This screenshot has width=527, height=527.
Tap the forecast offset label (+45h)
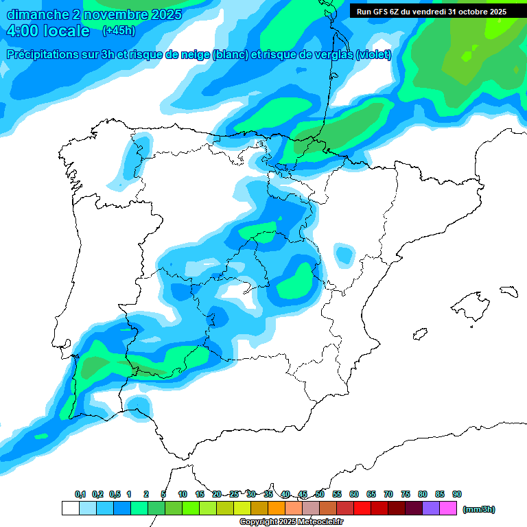119,31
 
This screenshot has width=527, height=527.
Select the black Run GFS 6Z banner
431,12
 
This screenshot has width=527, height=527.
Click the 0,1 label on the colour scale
80,494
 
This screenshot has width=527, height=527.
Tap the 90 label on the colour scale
457,494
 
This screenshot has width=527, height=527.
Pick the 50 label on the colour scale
320,494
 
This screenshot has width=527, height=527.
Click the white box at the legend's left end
70,508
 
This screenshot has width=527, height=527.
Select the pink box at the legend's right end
448,508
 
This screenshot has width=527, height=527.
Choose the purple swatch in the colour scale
431,508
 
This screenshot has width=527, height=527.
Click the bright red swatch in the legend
362,508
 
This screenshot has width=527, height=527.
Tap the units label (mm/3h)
479,509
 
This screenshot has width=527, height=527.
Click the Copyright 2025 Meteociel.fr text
291,522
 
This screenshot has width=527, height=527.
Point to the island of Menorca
508,291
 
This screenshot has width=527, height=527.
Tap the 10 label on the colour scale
183,494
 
